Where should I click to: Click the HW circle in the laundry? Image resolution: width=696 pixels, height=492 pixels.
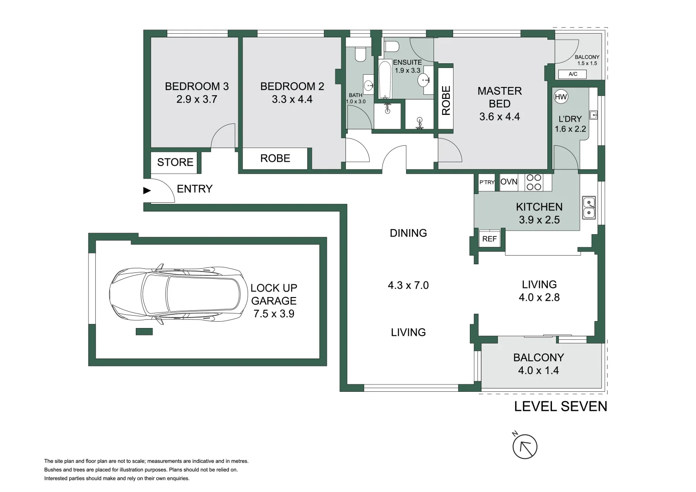tap(561, 97)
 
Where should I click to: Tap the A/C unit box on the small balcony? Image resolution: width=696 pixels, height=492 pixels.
tap(573, 74)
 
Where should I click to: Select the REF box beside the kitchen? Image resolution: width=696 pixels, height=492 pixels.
tap(490, 239)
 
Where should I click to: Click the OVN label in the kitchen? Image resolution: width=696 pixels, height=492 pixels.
tap(509, 182)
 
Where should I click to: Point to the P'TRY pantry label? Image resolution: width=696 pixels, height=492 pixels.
tap(487, 182)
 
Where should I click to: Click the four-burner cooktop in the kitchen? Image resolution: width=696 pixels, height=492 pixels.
tap(534, 182)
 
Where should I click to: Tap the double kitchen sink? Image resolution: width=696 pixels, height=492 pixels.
tap(589, 208)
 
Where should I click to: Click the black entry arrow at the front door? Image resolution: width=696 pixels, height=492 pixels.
tap(147, 190)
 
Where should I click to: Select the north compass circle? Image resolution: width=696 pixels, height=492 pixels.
tap(525, 447)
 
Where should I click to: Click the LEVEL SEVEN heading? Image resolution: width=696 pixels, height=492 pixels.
tap(560, 406)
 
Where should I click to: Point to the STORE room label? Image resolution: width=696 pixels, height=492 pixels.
tap(175, 162)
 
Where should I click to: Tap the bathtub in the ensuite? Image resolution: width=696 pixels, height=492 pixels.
tap(385, 80)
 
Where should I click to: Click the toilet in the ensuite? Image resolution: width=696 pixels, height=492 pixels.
tap(392, 46)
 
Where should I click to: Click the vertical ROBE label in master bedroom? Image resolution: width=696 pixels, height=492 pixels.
tap(446, 100)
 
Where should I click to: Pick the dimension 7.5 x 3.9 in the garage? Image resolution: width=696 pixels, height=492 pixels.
tap(273, 314)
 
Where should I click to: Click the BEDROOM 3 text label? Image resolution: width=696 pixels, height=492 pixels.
tap(196, 86)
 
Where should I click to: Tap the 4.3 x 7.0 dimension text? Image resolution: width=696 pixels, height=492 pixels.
tap(408, 285)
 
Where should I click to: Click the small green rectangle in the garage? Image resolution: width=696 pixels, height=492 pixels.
tap(144, 332)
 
